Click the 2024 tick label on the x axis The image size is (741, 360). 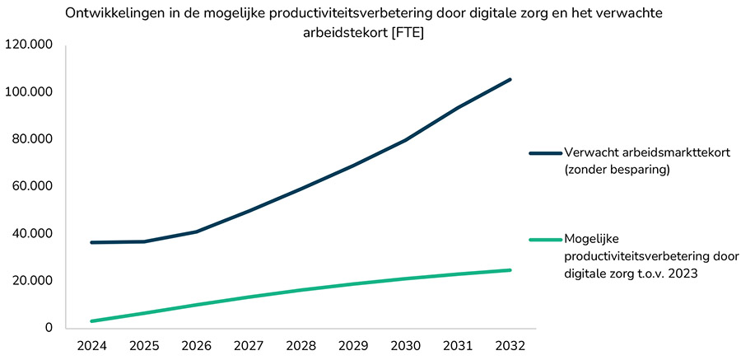pos(91,345)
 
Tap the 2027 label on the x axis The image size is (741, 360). pos(249,345)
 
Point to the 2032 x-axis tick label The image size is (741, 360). pos(510,345)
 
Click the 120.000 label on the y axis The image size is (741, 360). pos(29,44)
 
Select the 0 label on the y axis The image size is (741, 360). pos(49,328)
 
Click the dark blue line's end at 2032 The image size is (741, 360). pos(510,79)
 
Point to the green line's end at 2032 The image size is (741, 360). pos(510,270)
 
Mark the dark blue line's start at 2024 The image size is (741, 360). pos(91,242)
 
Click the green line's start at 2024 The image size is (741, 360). pos(91,321)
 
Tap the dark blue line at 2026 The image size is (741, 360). pos(196,231)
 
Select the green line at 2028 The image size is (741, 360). pos(301,290)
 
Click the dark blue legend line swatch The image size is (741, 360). pos(544,153)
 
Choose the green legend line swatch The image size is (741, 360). pos(544,240)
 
